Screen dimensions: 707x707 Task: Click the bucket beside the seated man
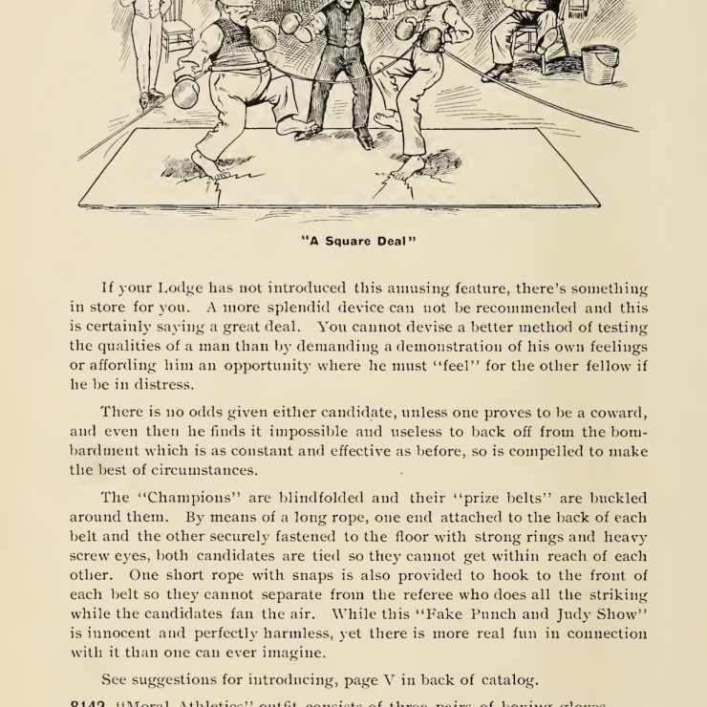point(600,64)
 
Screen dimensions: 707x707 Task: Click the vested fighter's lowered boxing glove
point(185,93)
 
